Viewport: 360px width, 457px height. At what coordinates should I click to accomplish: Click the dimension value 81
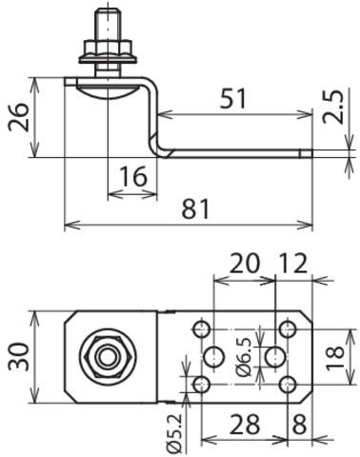(x=195, y=209)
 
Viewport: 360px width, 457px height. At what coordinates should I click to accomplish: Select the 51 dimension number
(x=233, y=98)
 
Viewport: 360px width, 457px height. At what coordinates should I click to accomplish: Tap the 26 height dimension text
(x=19, y=117)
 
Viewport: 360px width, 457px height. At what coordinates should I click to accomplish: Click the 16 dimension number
(x=133, y=176)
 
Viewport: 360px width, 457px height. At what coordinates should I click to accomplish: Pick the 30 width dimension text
(x=19, y=357)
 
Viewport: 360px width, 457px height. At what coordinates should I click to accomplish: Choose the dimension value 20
(x=244, y=264)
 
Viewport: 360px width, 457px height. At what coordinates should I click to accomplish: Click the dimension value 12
(x=293, y=264)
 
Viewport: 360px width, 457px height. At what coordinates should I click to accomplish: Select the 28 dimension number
(x=245, y=425)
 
